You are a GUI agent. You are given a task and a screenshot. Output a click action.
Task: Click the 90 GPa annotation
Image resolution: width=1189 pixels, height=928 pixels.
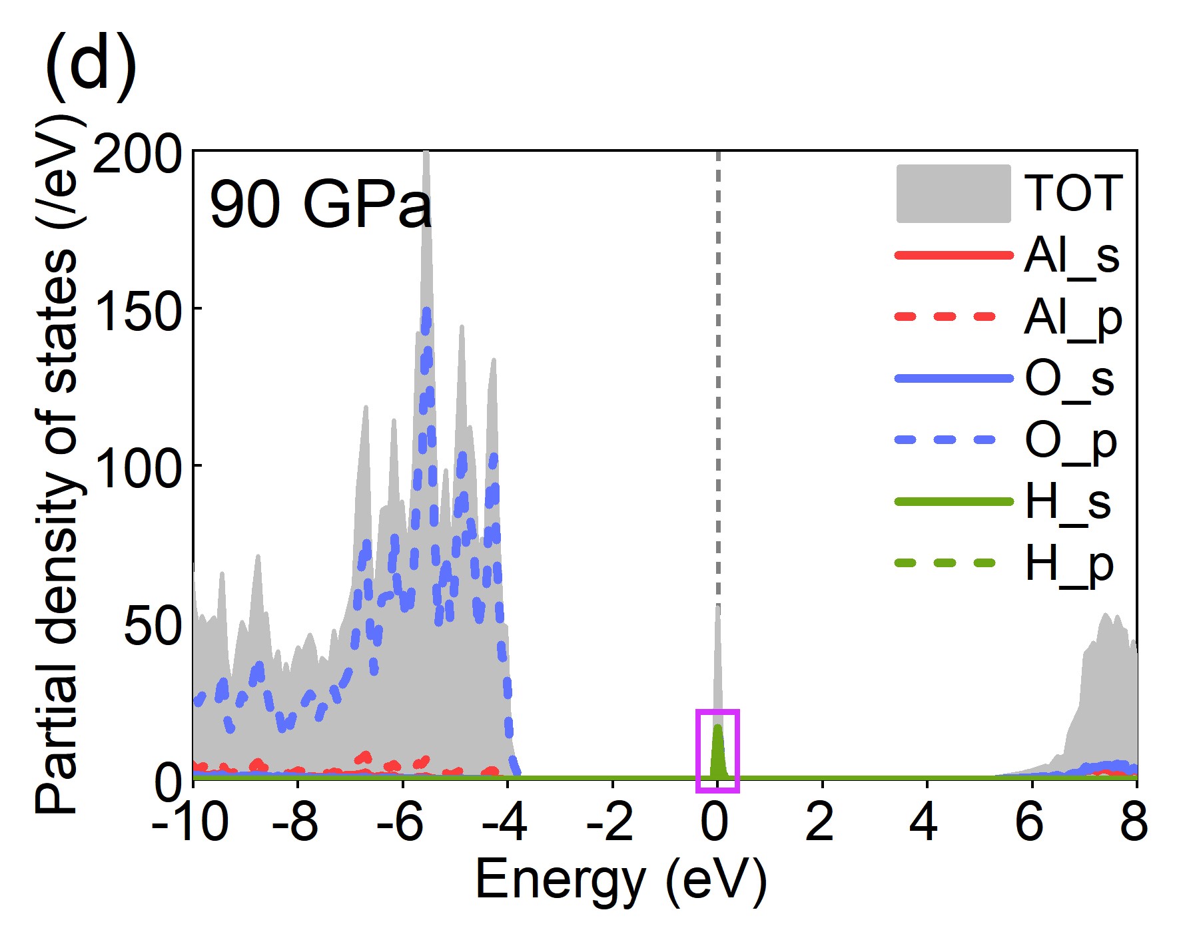pos(320,204)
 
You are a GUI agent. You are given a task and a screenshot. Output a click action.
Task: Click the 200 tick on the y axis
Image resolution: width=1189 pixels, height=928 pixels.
pos(137,154)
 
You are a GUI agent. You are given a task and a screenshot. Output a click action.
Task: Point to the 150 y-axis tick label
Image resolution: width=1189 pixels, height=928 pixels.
pos(139,311)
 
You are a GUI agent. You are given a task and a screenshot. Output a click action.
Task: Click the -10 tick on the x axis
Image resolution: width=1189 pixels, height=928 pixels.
pos(191,823)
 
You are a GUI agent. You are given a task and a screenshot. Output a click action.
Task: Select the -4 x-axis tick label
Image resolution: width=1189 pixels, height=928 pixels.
pos(505,823)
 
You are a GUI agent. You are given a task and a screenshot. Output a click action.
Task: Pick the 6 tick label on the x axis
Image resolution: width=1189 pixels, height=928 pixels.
pos(1030,823)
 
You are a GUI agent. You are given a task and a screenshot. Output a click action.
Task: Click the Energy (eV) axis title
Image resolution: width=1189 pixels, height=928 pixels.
pos(621,880)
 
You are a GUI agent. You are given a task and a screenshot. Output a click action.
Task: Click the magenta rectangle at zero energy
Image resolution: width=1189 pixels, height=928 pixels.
pos(717,751)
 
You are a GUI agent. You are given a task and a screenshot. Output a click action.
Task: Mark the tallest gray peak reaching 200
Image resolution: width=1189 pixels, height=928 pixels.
pos(426,160)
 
